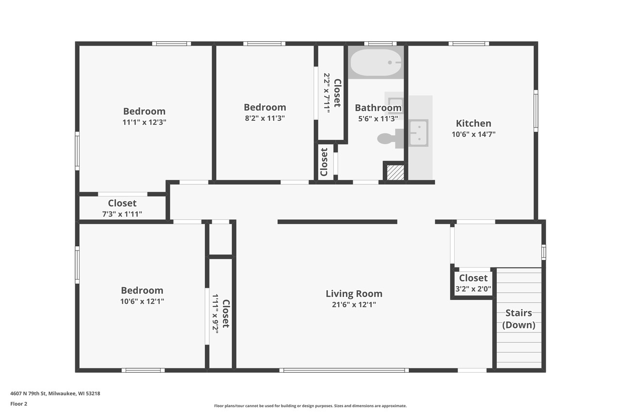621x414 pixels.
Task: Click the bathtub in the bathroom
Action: coord(376,62)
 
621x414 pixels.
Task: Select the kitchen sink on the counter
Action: coord(418,132)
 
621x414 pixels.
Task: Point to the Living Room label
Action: coord(354,294)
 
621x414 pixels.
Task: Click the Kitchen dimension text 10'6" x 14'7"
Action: coord(474,134)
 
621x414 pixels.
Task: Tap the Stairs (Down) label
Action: coord(519,319)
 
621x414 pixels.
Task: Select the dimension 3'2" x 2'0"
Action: coord(473,289)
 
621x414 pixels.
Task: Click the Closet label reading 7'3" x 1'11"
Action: coord(122,203)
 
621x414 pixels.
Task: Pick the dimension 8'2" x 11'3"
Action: coord(264,118)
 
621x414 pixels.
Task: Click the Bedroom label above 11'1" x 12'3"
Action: coord(144,111)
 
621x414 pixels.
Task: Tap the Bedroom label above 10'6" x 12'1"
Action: coord(142,290)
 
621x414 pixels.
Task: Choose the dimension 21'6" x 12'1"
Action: coord(354,305)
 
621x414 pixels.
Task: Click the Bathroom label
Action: coord(378,108)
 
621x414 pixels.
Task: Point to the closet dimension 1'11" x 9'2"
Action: coord(215,313)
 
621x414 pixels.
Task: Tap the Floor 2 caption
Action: coord(19,403)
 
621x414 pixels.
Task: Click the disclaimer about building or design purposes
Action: coord(310,406)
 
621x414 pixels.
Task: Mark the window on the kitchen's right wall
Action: coord(536,110)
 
